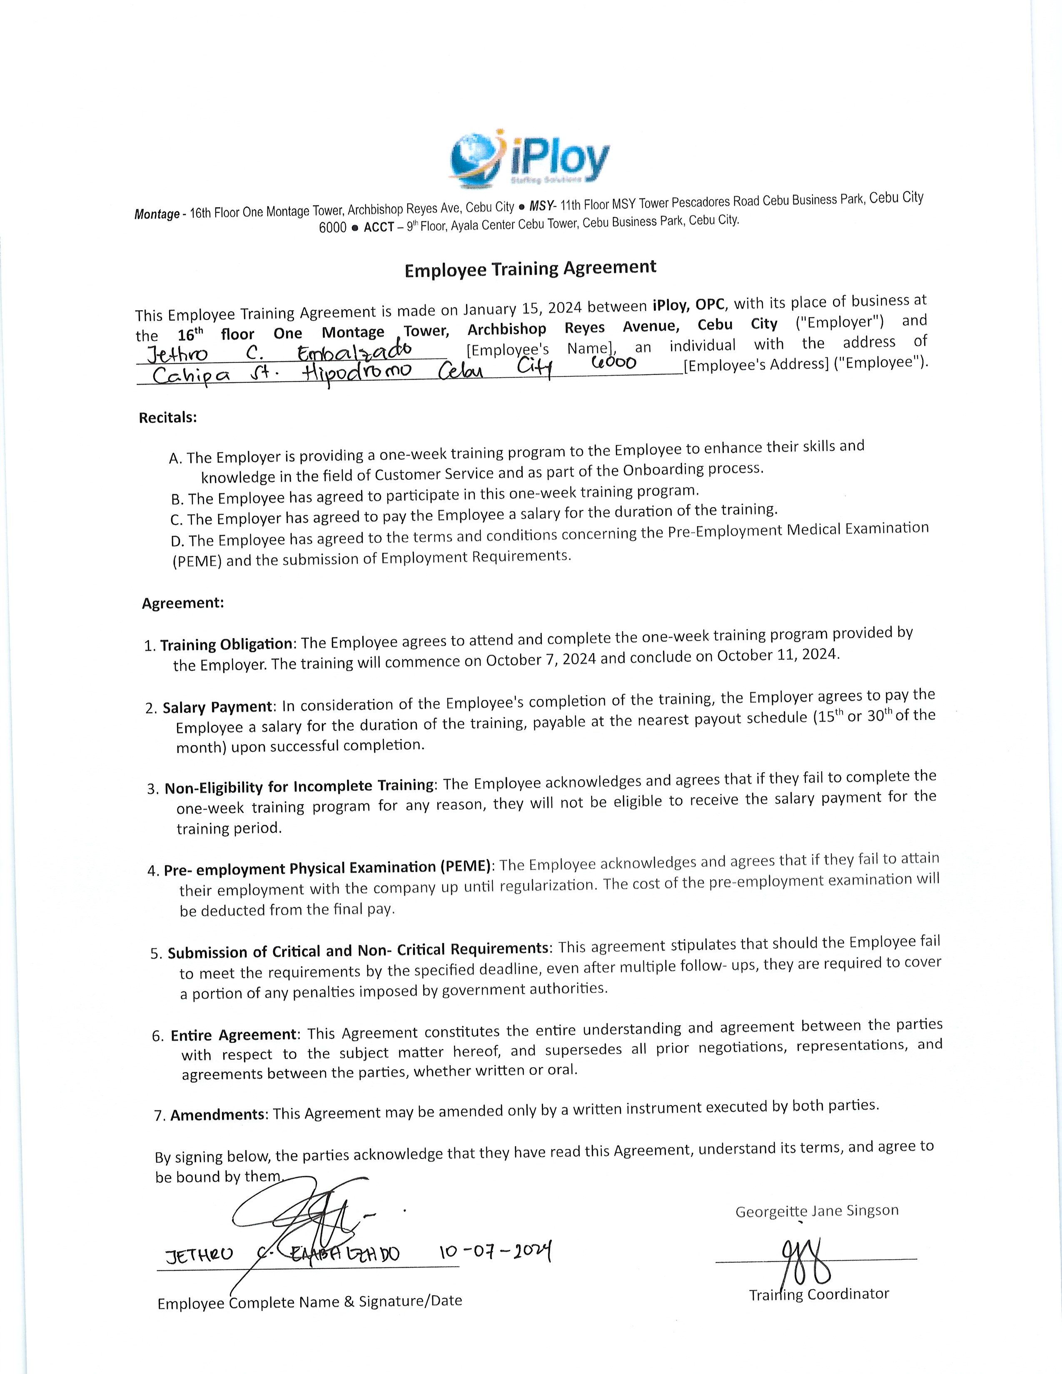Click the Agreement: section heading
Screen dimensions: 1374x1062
tap(182, 603)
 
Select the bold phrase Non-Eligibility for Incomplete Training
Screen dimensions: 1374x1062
tap(299, 787)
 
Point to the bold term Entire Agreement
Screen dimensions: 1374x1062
tap(233, 1035)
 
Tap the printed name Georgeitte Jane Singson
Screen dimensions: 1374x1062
tap(817, 1211)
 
